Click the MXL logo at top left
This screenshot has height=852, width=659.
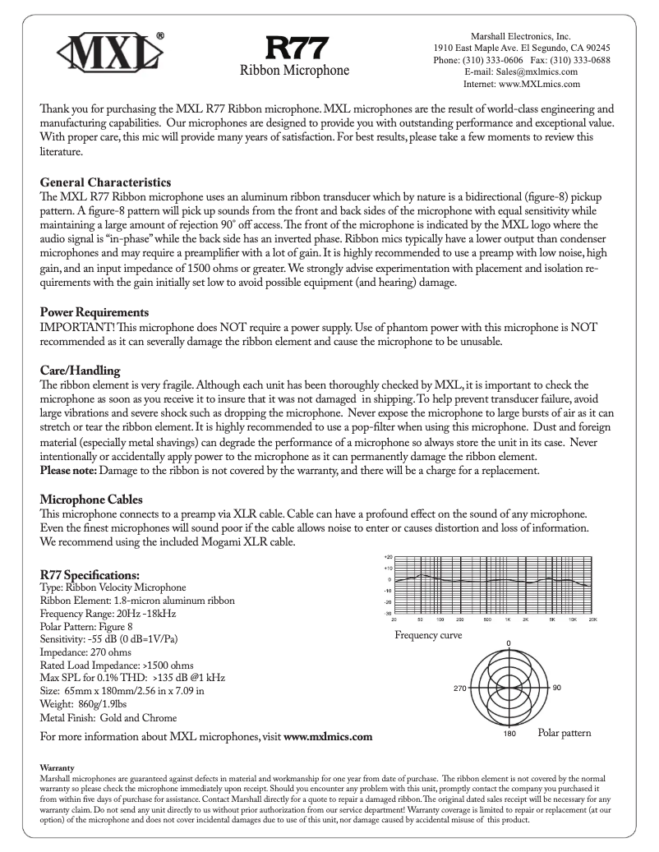109,54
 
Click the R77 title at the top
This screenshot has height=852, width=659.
294,47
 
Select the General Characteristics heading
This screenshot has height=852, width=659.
105,182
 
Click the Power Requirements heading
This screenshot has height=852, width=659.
94,312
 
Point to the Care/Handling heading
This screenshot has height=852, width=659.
81,371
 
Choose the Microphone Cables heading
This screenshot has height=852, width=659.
91,500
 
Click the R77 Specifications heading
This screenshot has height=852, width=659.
90,574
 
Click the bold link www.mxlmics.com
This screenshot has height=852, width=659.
328,737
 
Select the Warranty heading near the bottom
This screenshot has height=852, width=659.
56,768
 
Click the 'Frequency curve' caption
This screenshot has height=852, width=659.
428,635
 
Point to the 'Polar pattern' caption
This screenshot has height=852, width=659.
564,732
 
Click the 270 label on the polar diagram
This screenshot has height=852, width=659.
460,687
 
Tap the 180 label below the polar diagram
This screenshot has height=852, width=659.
509,734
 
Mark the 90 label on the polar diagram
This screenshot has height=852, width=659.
556,687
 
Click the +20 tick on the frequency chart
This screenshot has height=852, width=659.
387,556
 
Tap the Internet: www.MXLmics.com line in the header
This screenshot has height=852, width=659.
522,83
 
